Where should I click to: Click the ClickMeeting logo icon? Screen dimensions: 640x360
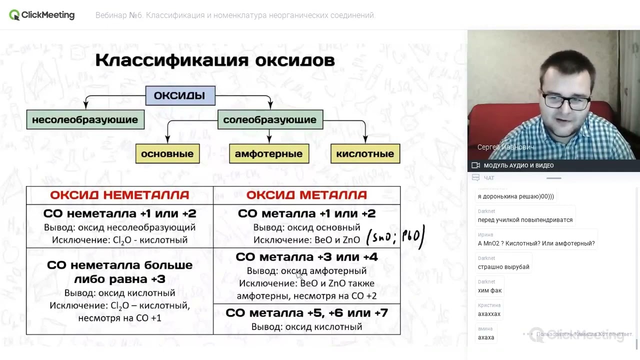[14, 15]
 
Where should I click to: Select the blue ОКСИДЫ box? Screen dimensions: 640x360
[180, 95]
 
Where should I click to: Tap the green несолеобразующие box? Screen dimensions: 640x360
[85, 120]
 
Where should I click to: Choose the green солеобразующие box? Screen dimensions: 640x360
[270, 120]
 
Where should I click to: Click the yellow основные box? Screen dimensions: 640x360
[167, 153]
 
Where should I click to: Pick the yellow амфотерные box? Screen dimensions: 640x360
[269, 153]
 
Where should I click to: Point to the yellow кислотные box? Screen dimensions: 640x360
[365, 153]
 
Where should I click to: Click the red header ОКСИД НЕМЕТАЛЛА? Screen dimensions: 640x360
[119, 195]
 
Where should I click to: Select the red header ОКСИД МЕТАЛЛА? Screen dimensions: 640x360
[306, 195]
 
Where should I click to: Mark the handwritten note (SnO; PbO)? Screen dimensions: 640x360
[395, 237]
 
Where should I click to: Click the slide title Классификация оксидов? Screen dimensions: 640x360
[214, 60]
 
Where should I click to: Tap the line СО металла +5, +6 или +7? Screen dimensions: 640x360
[306, 313]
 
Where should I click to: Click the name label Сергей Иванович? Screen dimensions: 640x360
[505, 147]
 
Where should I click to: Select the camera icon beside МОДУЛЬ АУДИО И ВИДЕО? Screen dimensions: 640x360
[475, 165]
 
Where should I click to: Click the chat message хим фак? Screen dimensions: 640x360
[489, 290]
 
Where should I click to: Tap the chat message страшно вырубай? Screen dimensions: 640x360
[503, 267]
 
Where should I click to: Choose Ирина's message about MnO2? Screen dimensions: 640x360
[536, 243]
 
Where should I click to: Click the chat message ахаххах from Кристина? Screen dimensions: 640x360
[489, 314]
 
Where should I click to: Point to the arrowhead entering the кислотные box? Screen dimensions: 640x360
[365, 141]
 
